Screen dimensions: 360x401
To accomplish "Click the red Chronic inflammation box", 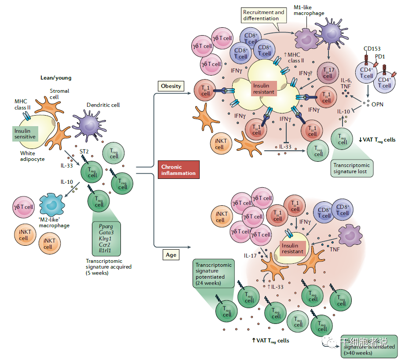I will point(178,170).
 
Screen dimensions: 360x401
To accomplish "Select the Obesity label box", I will point(171,86).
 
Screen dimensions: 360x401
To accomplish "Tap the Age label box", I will point(171,255).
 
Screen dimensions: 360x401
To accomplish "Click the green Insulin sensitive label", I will point(25,133).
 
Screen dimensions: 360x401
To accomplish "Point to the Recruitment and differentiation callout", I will point(264,15).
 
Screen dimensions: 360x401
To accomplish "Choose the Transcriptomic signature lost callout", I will point(352,168).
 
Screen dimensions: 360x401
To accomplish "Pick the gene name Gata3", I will point(106,233).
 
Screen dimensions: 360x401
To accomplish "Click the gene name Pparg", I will point(106,226).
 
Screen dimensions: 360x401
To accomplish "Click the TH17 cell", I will point(327,73).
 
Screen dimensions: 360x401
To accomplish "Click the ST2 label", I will point(84,152).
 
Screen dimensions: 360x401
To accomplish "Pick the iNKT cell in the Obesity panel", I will point(219,144).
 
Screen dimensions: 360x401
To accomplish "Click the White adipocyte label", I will point(32,156).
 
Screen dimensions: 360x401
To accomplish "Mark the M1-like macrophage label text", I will point(309,11).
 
